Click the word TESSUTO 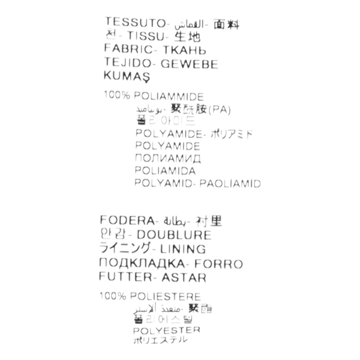[134, 23]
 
